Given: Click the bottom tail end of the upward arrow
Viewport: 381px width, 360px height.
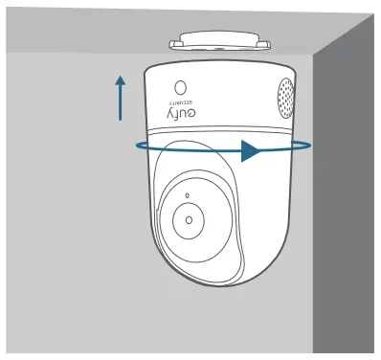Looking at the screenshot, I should coord(121,120).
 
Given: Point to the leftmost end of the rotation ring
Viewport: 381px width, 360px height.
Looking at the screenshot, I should coord(135,146).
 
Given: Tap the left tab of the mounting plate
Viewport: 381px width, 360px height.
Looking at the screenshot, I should coord(173,43).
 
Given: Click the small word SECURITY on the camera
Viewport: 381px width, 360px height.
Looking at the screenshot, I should coord(179,100).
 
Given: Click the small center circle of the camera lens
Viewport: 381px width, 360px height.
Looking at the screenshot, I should coord(189,219).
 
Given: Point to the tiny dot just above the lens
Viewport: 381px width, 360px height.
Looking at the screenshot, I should coord(188,196).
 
